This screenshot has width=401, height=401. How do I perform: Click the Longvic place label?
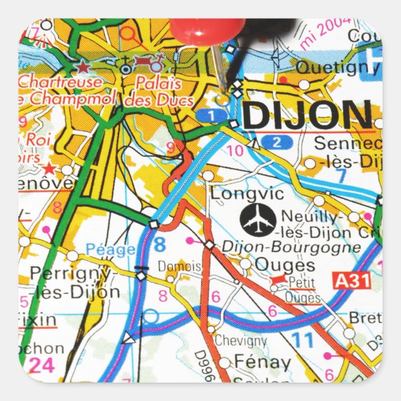pyautogui.click(x=247, y=194)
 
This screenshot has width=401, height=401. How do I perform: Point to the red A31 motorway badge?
pyautogui.click(x=352, y=281)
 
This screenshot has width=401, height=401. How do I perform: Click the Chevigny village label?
pyautogui.click(x=240, y=341)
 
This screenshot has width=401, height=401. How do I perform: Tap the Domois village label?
pyautogui.click(x=179, y=267)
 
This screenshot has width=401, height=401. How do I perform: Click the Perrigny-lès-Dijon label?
pyautogui.click(x=74, y=282)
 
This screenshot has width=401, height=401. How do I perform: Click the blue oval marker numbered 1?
pyautogui.click(x=213, y=115)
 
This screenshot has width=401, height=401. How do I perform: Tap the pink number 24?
pyautogui.click(x=42, y=366)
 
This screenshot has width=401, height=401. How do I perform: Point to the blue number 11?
pyautogui.click(x=303, y=341)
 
